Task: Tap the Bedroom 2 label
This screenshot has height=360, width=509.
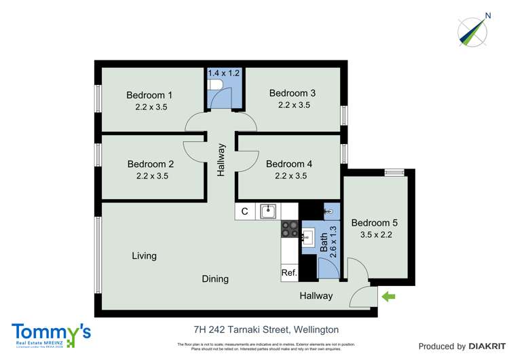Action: (x=151, y=164)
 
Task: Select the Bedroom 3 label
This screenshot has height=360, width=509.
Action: (x=293, y=93)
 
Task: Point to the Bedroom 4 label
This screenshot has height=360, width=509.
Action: (x=289, y=164)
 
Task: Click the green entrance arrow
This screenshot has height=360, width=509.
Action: (x=389, y=296)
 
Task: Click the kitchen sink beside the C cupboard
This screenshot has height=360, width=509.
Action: (x=269, y=211)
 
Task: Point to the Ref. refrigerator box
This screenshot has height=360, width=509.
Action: (x=289, y=273)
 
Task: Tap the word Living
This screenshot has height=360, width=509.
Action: (x=144, y=256)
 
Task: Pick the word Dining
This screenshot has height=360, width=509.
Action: (x=215, y=278)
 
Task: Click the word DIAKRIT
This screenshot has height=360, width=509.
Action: (x=474, y=346)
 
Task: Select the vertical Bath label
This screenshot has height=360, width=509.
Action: (x=324, y=240)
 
